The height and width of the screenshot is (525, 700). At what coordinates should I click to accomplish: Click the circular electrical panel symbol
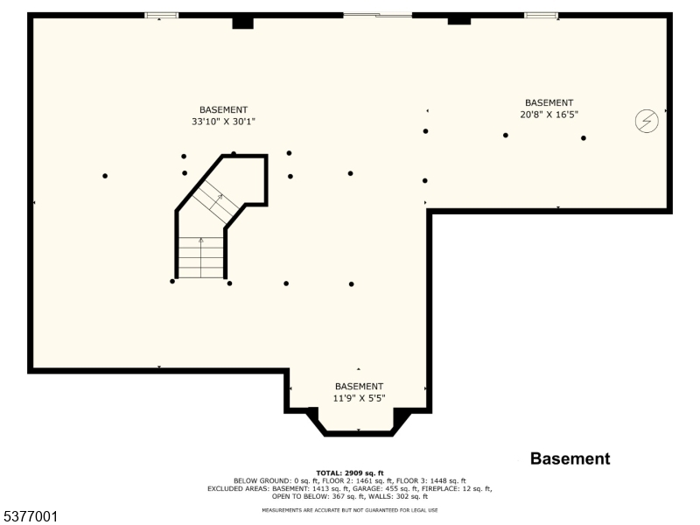(x=647, y=122)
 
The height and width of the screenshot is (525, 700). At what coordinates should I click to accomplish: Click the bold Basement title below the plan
(x=570, y=458)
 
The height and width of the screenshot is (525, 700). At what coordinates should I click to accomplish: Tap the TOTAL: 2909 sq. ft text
(x=350, y=472)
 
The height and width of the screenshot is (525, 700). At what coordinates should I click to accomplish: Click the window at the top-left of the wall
(x=161, y=15)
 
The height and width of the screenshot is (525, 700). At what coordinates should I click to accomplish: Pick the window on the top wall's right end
(x=541, y=15)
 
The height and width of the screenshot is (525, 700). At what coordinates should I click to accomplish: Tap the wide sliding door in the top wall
(x=377, y=15)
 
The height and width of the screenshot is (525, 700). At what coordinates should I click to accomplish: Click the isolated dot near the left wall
(x=105, y=176)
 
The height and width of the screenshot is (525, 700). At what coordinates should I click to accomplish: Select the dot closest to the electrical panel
(x=584, y=137)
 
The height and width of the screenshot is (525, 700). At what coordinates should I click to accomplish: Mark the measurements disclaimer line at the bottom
(x=350, y=510)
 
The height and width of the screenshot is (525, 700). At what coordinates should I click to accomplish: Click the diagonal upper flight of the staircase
(x=213, y=201)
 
